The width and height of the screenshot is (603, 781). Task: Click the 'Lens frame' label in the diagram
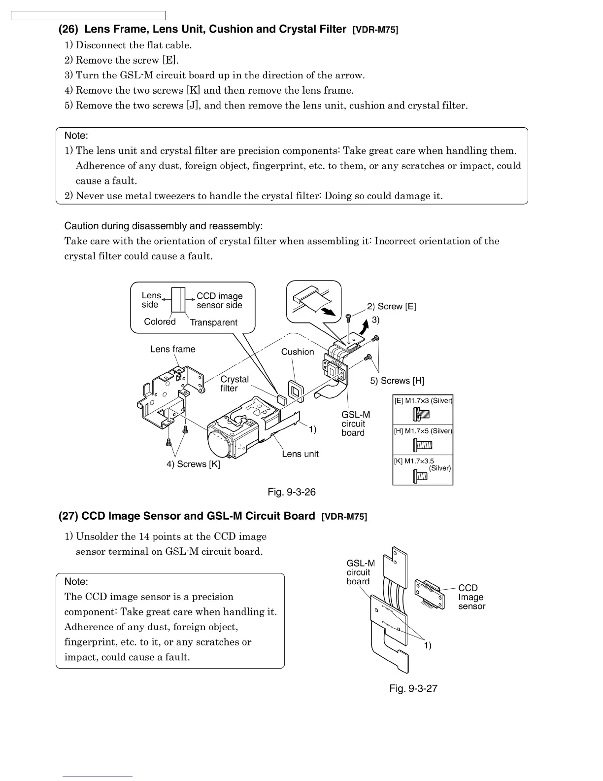172,349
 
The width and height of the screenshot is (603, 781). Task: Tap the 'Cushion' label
297,352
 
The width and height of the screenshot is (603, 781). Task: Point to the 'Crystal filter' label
234,384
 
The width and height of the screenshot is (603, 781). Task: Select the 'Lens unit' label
300,454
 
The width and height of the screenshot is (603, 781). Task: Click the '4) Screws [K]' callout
193,464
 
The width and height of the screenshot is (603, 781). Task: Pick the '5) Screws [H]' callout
397,381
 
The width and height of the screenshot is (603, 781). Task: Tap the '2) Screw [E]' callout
392,306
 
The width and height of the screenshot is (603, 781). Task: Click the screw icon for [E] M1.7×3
421,415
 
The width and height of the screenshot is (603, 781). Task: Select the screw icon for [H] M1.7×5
422,445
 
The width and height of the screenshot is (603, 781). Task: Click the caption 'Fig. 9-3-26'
292,492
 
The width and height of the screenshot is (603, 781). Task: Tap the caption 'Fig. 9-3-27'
413,688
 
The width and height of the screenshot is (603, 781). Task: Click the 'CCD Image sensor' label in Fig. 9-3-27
471,597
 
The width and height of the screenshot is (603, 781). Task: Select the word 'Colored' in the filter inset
160,321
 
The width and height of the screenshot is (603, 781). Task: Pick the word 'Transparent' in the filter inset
213,322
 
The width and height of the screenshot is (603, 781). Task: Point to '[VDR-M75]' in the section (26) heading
375,30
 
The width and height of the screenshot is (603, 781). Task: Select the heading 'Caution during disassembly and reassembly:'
164,226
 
